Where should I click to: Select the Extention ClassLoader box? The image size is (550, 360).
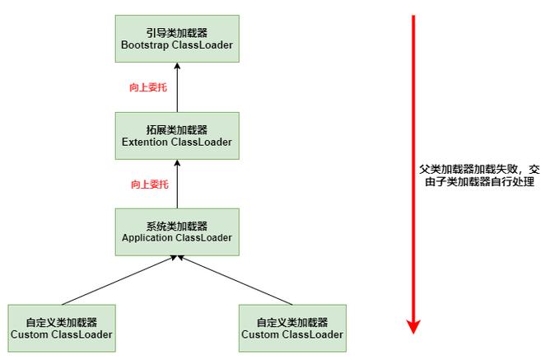[x=176, y=136]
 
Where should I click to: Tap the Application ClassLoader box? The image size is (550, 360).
[x=176, y=231]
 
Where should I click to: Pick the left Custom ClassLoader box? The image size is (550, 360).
[x=61, y=328]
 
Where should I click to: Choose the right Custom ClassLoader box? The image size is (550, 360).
[x=291, y=328]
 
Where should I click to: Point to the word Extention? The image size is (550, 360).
[x=145, y=143]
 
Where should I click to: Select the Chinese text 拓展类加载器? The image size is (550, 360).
[x=176, y=129]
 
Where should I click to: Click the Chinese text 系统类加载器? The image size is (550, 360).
[x=176, y=225]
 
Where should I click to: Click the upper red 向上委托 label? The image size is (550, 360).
[x=148, y=86]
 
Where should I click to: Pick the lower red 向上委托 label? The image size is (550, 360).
[x=149, y=184]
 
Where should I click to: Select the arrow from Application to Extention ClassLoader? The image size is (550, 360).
[x=176, y=186]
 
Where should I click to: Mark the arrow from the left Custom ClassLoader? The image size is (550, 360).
[x=119, y=280]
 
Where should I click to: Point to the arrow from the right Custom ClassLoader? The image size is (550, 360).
[x=234, y=280]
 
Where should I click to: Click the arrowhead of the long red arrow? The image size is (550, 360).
[x=414, y=326]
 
